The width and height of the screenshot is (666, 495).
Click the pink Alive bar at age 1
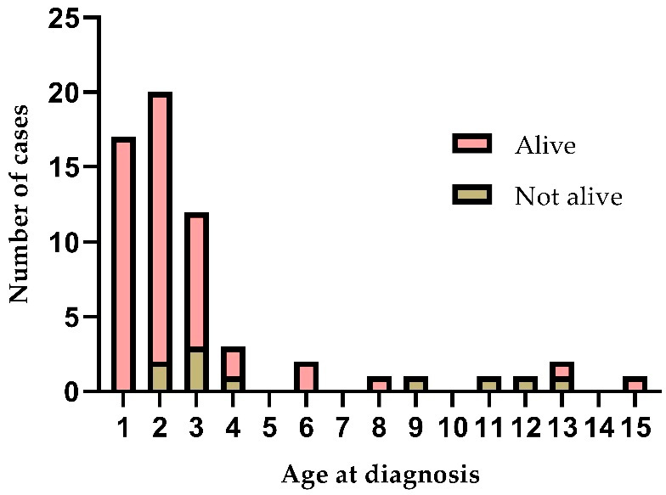pyautogui.click(x=123, y=265)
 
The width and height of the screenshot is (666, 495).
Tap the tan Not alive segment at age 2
pyautogui.click(x=160, y=378)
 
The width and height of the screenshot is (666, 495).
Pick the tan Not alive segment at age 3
pyautogui.click(x=196, y=370)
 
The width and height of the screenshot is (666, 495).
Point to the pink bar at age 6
pyautogui.click(x=307, y=378)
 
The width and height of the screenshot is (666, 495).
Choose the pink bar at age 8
pyautogui.click(x=380, y=384)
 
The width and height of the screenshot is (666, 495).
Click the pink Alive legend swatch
pyautogui.click(x=471, y=144)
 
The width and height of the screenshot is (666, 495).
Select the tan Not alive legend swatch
pyautogui.click(x=471, y=195)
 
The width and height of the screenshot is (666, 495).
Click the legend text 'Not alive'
pyautogui.click(x=568, y=197)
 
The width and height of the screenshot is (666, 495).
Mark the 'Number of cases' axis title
pyautogui.click(x=20, y=204)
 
